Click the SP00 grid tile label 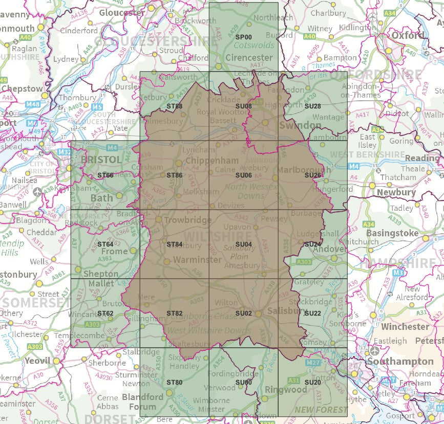[x=244, y=37]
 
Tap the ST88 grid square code [x=175, y=106]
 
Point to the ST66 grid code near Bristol [x=105, y=175]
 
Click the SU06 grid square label [x=244, y=175]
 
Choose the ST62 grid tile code [x=105, y=313]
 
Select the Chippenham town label [x=212, y=161]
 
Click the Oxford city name [x=408, y=36]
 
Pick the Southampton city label [x=408, y=362]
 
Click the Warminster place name [x=197, y=260]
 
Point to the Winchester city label [x=405, y=326]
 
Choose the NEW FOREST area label [x=321, y=410]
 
